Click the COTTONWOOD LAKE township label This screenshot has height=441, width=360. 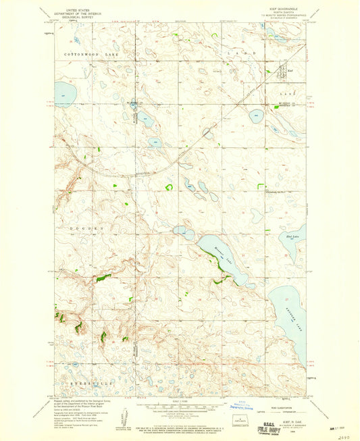(x=87, y=51)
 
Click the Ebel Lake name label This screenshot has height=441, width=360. (x=292, y=236)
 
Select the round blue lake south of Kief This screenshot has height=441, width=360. (x=257, y=115)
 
